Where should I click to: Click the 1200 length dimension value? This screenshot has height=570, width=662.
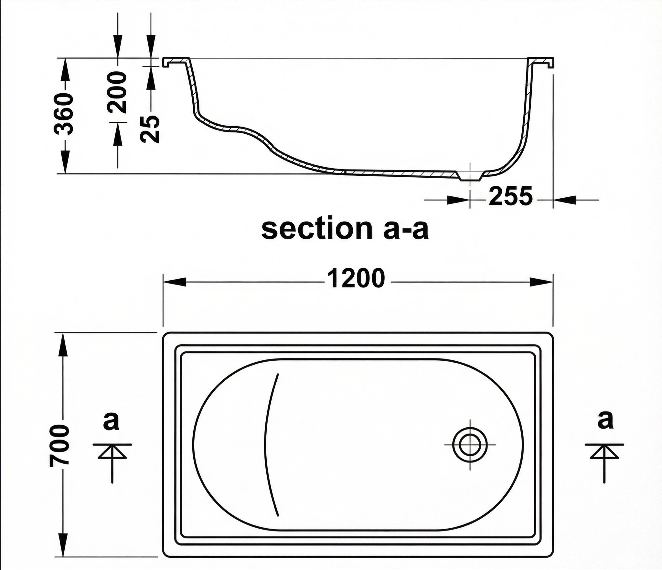356,279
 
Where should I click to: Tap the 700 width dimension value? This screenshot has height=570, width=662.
59,447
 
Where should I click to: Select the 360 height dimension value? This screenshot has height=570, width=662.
64,113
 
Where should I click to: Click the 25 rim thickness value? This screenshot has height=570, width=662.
150,129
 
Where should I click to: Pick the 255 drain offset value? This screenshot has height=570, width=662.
510,196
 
